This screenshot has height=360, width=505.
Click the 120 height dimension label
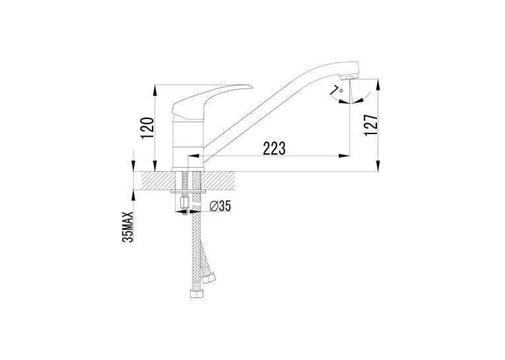147,128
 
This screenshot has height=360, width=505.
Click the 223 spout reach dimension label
275,148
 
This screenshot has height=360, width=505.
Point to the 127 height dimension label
371,125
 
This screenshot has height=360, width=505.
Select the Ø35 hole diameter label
220,205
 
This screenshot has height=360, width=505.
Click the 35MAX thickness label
128,227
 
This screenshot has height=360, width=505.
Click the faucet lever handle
212,101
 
